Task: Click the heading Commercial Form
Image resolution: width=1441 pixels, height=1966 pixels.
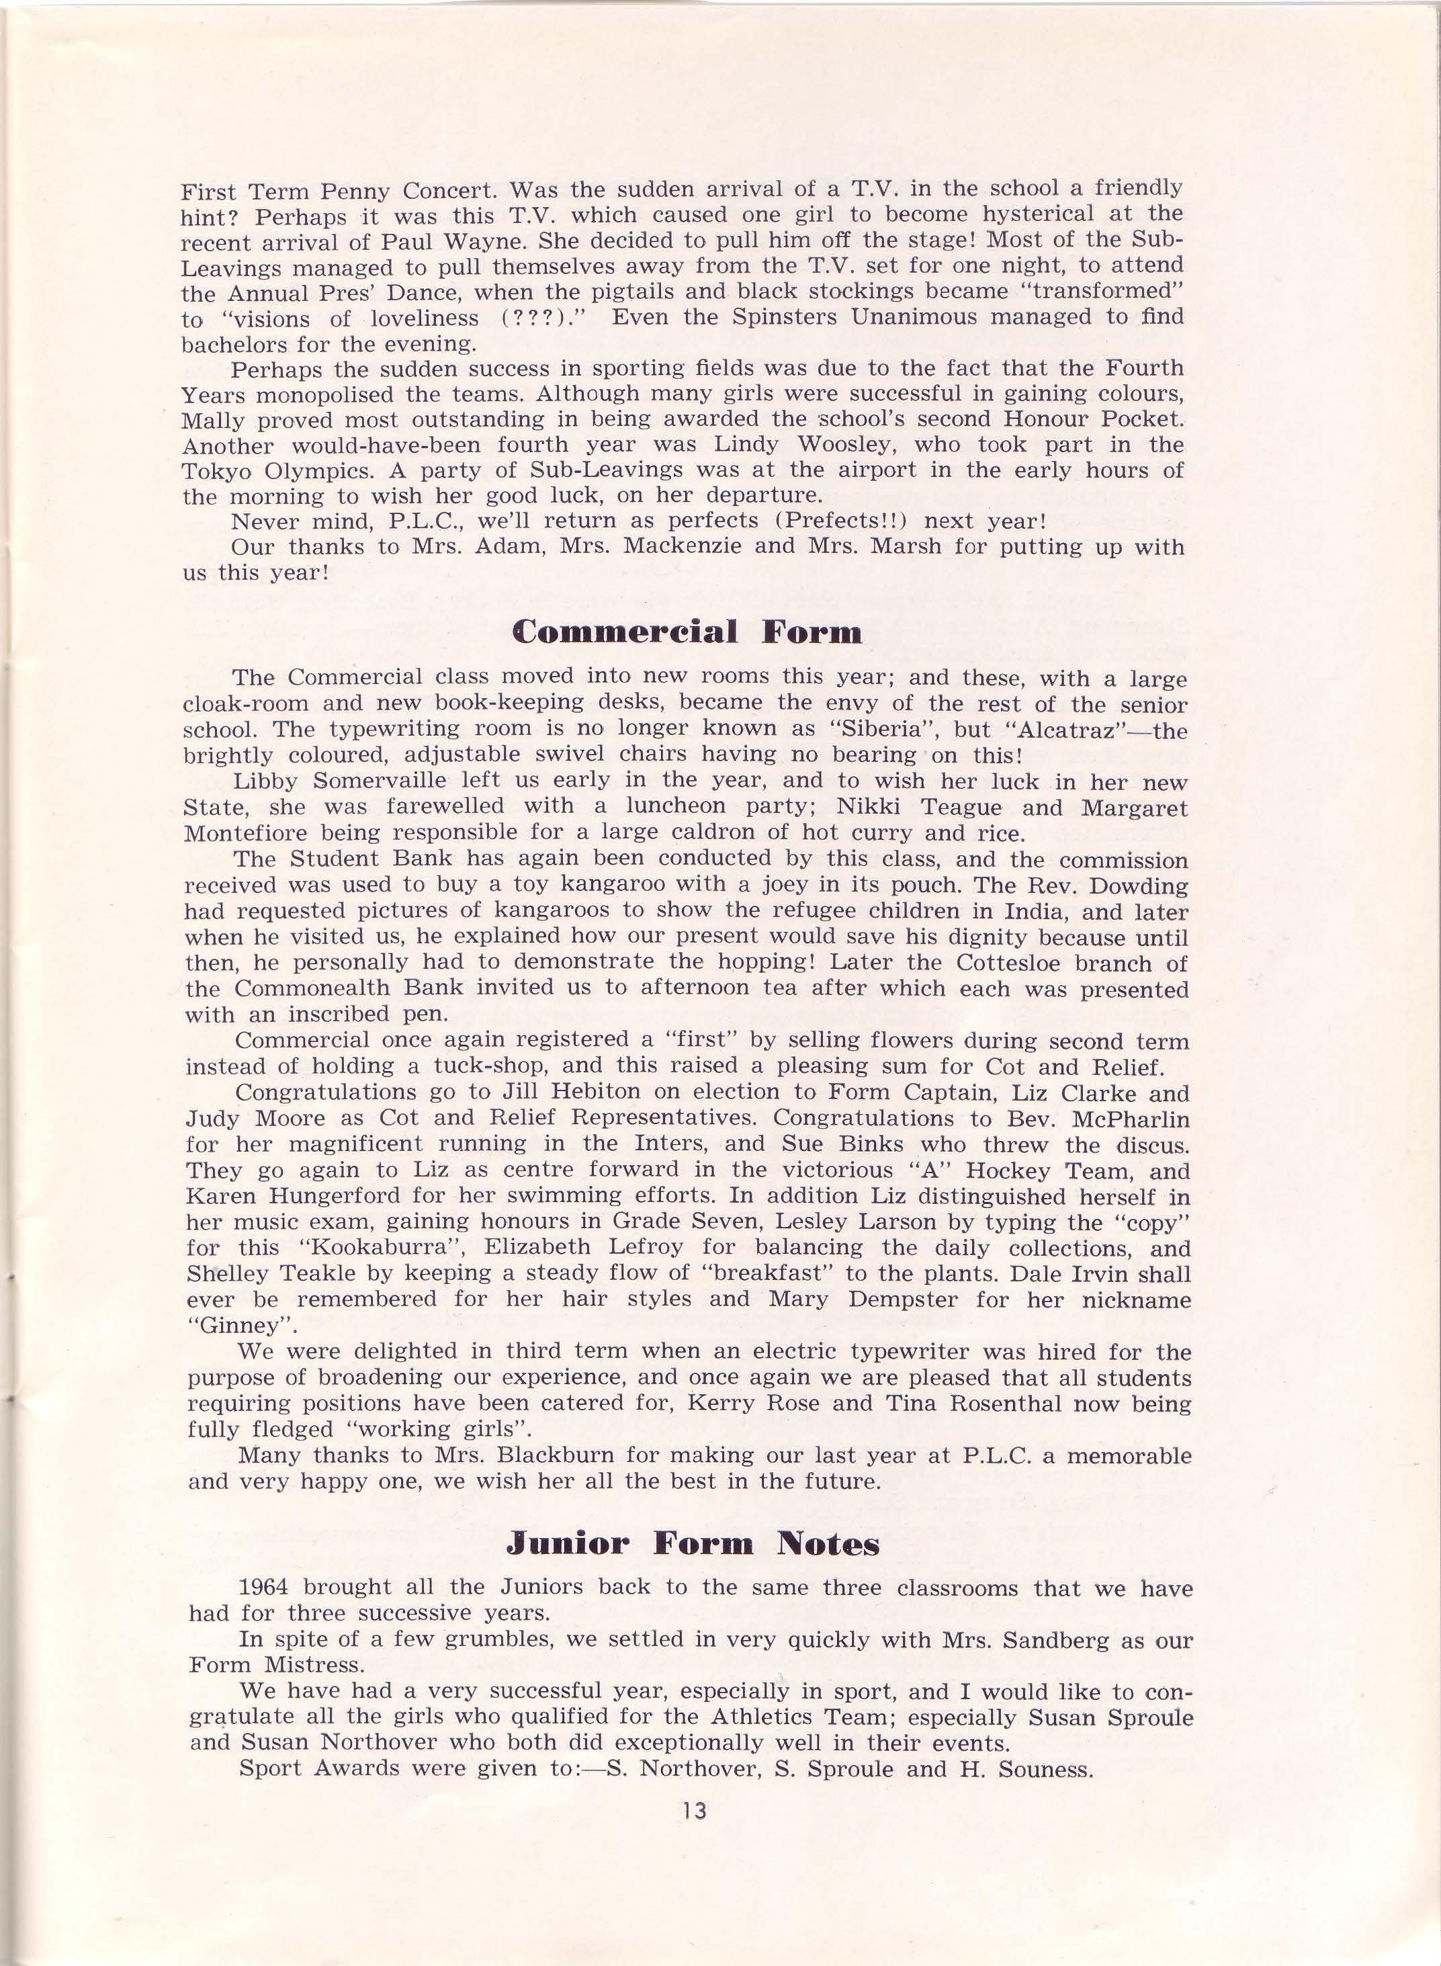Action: click(x=687, y=632)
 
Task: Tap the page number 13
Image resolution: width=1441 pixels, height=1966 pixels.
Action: click(x=695, y=1811)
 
